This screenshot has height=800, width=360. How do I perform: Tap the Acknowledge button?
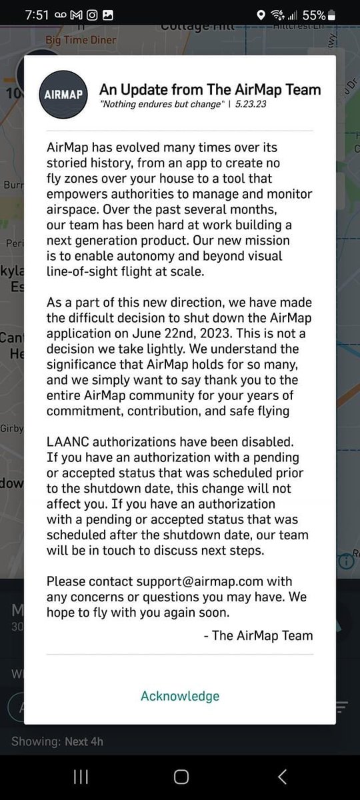tap(180, 696)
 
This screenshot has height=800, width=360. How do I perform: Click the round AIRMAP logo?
tap(63, 95)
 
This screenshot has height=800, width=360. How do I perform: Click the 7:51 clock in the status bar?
tap(33, 15)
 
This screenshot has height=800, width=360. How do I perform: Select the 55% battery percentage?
tap(313, 15)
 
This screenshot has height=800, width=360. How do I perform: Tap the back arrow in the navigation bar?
tap(282, 776)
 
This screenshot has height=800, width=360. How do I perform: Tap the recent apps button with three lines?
tap(81, 776)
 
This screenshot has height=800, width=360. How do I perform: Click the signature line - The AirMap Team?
tap(258, 635)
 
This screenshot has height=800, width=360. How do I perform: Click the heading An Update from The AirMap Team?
tap(210, 89)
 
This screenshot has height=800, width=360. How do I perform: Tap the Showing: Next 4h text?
tap(57, 741)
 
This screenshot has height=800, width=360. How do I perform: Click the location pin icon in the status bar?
tap(261, 15)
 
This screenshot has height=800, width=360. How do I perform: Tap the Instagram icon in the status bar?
tap(90, 15)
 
